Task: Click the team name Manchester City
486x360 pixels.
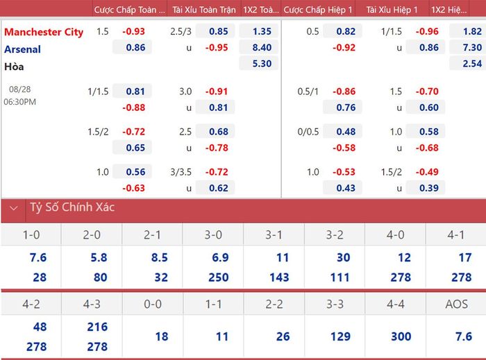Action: click(x=44, y=32)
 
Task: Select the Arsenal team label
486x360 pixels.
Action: click(x=22, y=49)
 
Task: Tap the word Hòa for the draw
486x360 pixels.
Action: click(x=14, y=66)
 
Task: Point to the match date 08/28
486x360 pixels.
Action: click(x=20, y=89)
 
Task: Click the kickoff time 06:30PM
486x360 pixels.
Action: click(x=20, y=101)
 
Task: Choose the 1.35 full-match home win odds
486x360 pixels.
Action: click(x=262, y=31)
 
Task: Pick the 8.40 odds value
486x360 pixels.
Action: click(x=262, y=47)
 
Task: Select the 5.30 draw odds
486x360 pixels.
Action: click(x=262, y=63)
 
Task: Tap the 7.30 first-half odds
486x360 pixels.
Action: click(x=472, y=47)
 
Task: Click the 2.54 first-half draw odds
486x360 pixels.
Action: click(x=472, y=63)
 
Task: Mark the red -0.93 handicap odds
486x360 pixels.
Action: click(x=133, y=31)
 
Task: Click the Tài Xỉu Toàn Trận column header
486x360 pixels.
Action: click(x=204, y=10)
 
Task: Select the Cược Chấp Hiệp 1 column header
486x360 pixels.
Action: click(x=318, y=10)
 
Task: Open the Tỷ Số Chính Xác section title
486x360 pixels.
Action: click(x=72, y=207)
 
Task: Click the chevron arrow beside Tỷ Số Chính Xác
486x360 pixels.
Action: click(x=14, y=208)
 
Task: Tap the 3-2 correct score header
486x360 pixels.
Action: click(x=335, y=235)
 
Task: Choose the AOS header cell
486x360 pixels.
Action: click(x=457, y=305)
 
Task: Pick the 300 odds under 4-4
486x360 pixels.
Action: click(x=401, y=336)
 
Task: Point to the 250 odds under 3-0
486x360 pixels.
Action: click(x=219, y=277)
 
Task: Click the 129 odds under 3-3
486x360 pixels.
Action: click(x=340, y=336)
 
